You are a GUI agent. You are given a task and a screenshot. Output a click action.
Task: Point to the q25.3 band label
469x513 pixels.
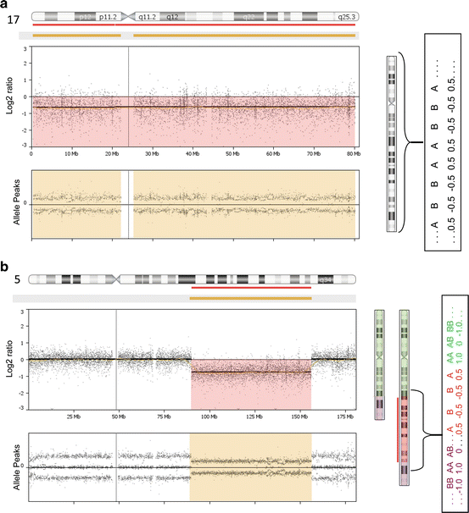[x=346, y=16]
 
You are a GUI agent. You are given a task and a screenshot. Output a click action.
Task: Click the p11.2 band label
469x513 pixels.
[x=108, y=16]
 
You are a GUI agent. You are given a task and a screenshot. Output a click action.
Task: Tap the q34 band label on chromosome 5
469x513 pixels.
[x=324, y=279]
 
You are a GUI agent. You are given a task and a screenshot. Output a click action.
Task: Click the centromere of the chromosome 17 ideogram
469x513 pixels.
[x=127, y=16]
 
